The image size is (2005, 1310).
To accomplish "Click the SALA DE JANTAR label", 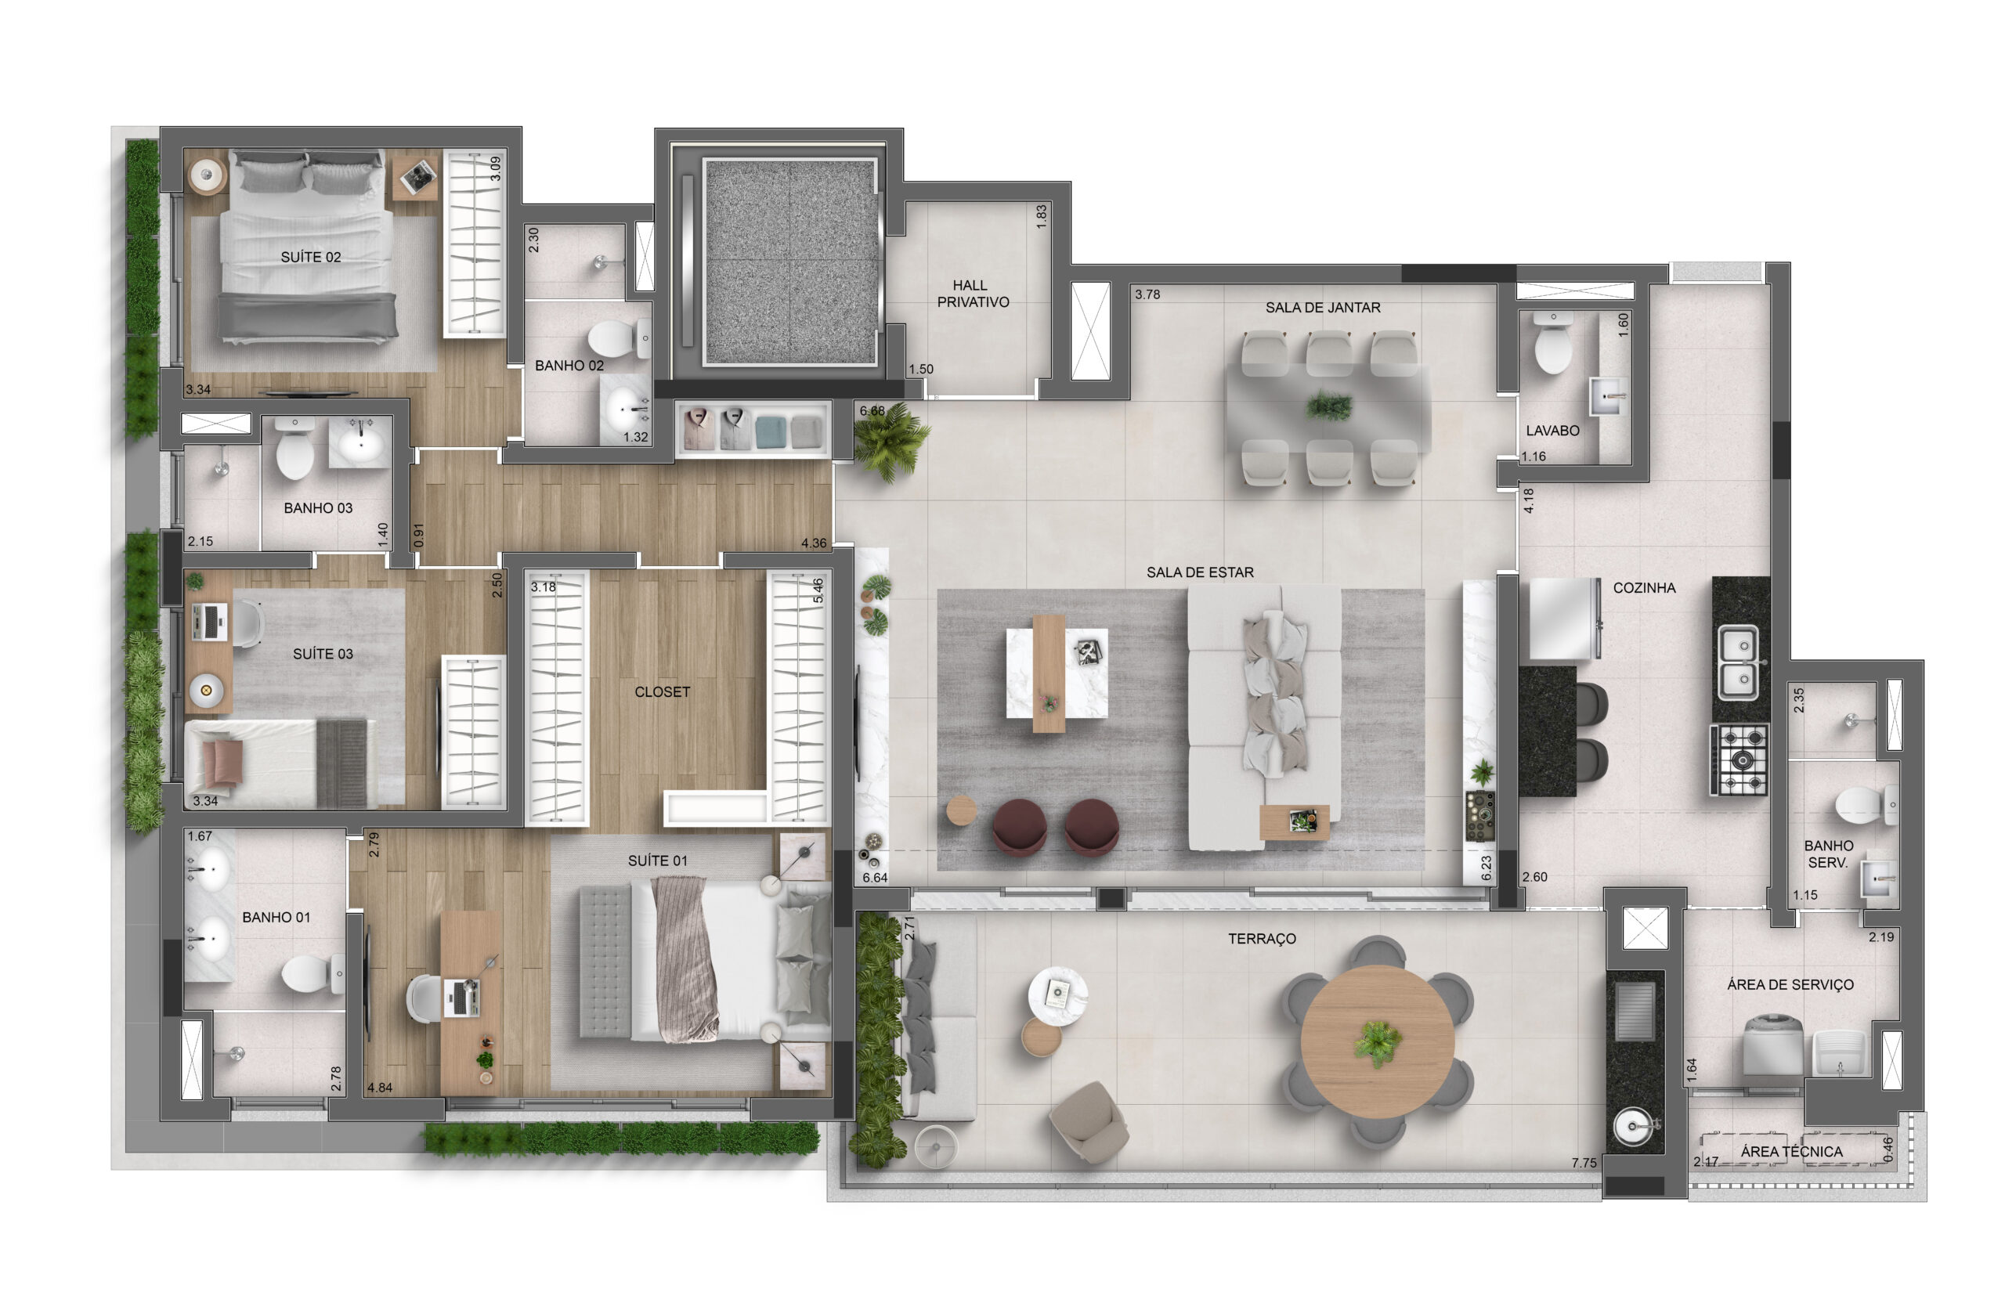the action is click(1323, 308).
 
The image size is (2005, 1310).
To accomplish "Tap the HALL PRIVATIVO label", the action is click(973, 294).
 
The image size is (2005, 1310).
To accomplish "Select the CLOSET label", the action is click(662, 691).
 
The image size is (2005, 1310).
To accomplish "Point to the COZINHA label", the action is click(1645, 588).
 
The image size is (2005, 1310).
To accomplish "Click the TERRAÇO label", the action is click(1262, 939).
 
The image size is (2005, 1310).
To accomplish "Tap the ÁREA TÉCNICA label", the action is click(1792, 1152).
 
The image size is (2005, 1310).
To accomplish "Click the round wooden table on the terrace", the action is click(1378, 1042).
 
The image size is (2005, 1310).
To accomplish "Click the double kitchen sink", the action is click(1738, 662).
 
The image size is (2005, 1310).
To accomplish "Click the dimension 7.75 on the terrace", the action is click(1584, 1164).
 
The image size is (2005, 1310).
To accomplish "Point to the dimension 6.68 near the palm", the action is click(872, 411).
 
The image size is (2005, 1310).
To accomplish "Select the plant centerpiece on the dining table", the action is click(1329, 407).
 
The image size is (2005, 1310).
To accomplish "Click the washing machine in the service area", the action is click(1772, 1045).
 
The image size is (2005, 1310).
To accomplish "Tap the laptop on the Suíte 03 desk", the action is click(210, 622).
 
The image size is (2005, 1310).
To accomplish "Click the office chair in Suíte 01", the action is click(425, 999).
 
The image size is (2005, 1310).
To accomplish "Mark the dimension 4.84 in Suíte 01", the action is click(380, 1088).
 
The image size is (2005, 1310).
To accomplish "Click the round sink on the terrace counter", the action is click(1634, 1126).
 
